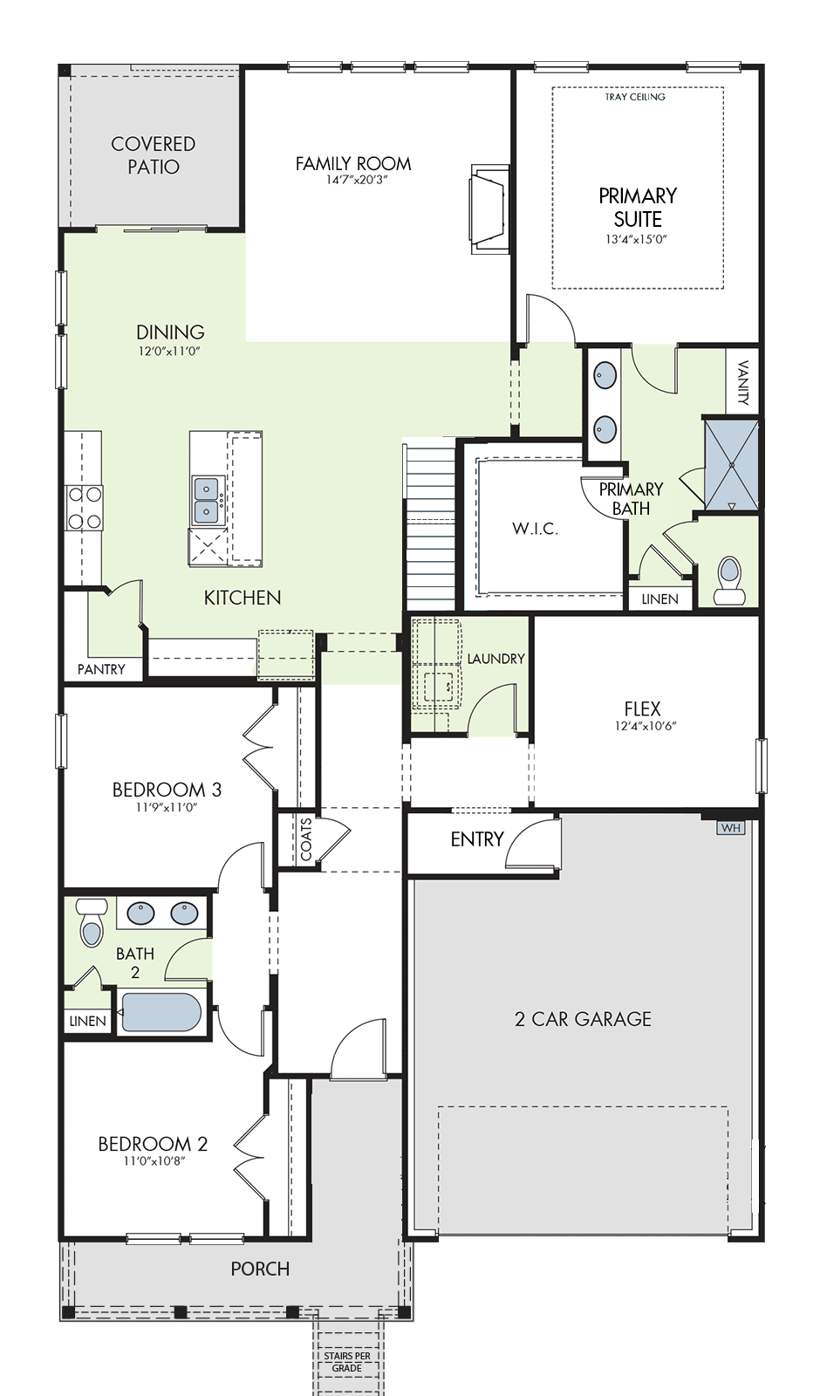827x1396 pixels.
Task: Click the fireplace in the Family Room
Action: [490, 209]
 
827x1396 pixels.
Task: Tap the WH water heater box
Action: [731, 828]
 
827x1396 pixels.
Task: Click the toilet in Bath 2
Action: [92, 921]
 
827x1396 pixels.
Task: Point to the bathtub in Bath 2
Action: [161, 1013]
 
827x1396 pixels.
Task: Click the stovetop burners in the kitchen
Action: [85, 507]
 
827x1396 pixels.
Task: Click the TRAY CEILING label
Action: [635, 97]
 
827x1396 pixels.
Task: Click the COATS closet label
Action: [306, 839]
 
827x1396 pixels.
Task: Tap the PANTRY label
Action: [101, 669]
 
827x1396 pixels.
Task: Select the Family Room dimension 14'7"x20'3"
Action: [353, 181]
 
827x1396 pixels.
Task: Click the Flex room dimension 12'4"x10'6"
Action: [642, 725]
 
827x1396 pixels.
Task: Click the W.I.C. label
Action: [536, 529]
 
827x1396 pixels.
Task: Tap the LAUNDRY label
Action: [496, 659]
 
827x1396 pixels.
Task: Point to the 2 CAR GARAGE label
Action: [583, 1019]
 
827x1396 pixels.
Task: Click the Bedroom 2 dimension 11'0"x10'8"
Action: [154, 1160]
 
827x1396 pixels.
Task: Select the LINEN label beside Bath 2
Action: [87, 1021]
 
